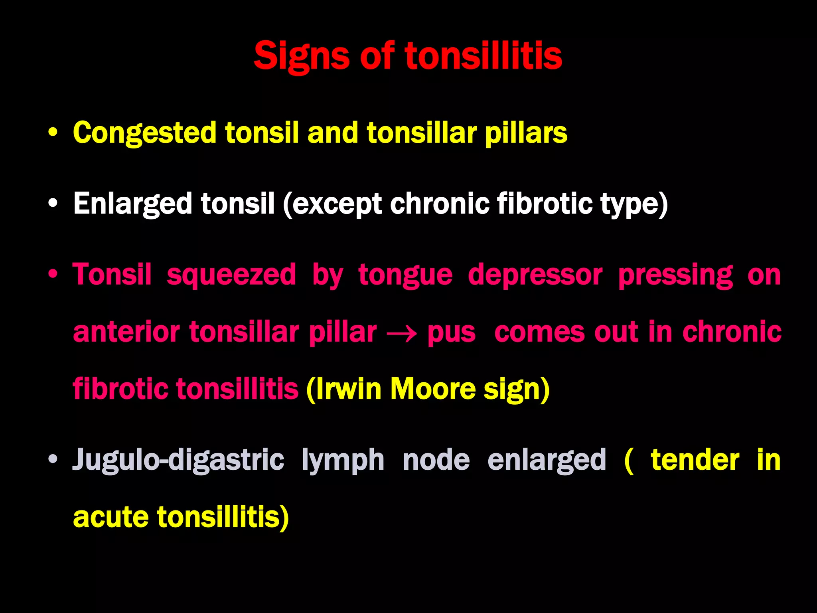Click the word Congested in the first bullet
click(x=145, y=133)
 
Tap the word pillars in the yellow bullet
click(x=526, y=133)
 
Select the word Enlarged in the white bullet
click(x=133, y=204)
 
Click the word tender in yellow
click(x=695, y=460)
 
